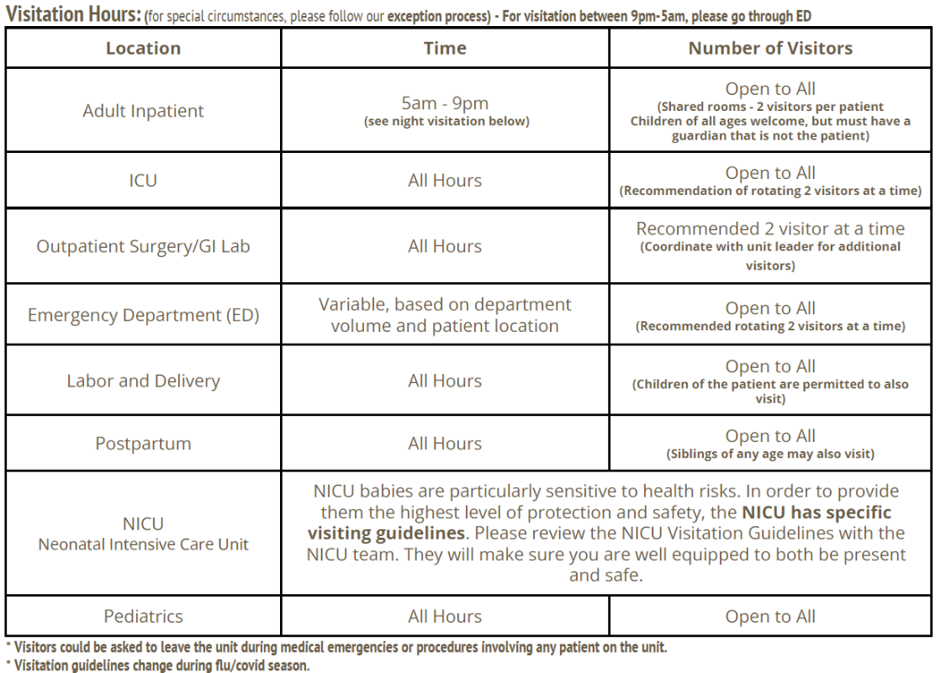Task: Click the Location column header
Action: (143, 49)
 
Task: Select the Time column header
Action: (445, 49)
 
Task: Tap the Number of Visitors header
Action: (770, 49)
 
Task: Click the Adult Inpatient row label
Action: (143, 111)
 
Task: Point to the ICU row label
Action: (143, 180)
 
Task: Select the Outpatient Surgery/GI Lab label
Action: (143, 246)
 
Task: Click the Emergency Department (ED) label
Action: (143, 315)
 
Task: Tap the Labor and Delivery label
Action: (143, 381)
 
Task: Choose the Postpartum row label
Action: (143, 443)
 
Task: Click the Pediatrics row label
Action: (143, 617)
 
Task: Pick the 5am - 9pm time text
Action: (445, 104)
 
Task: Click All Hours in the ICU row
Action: (445, 180)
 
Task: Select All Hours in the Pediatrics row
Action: (445, 617)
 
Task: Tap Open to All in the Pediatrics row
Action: (770, 617)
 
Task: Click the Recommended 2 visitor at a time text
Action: (770, 229)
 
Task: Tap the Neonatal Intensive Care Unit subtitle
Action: (143, 544)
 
